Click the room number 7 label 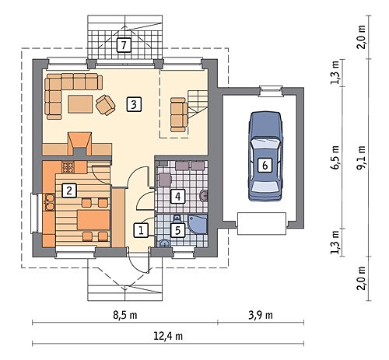tap(124, 45)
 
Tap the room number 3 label tap(134, 104)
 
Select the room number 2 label tap(69, 190)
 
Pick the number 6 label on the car tap(265, 165)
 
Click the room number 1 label tap(141, 230)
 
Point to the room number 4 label tap(177, 196)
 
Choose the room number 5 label tap(177, 230)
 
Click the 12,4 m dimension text tap(168, 336)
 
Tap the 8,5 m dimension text tap(124, 315)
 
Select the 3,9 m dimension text tap(261, 315)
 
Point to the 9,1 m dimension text tap(361, 157)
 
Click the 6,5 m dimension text tap(335, 157)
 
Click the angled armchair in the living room tap(106, 105)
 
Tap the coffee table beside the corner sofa tap(80, 104)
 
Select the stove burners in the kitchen tap(68, 167)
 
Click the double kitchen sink tap(49, 202)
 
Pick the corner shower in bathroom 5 tap(198, 225)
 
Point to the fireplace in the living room tap(80, 145)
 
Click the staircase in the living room tap(198, 104)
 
